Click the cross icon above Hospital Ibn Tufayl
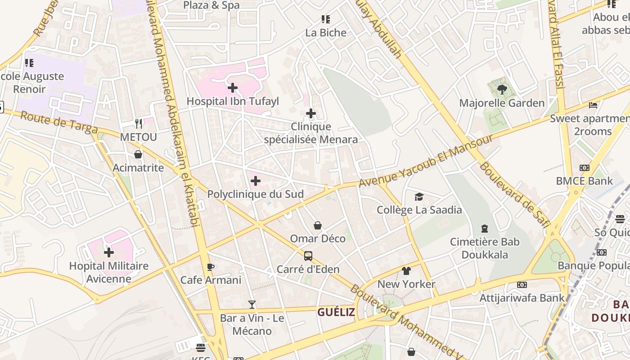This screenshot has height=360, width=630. click(x=233, y=87)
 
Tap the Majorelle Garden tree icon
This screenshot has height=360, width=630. click(x=502, y=89)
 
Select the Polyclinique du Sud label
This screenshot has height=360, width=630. click(x=255, y=194)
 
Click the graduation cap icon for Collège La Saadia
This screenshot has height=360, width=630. click(x=419, y=197)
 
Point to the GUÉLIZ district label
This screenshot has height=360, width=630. click(x=336, y=312)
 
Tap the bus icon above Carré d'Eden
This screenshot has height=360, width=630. click(x=308, y=256)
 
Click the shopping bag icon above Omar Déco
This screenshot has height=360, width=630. click(x=318, y=225)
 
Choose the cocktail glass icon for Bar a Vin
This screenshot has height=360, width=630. click(x=252, y=305)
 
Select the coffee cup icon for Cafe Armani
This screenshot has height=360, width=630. click(x=211, y=267)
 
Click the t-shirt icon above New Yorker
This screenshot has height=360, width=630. click(x=406, y=271)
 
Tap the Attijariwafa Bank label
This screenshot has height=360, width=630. click(x=522, y=298)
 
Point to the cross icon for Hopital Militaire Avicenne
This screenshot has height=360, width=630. click(x=109, y=252)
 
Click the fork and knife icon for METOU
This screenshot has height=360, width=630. click(x=139, y=123)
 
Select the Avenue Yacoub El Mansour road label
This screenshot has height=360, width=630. click(x=426, y=162)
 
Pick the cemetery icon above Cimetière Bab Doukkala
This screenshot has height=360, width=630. click(x=485, y=229)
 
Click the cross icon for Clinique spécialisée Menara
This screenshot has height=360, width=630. click(x=311, y=113)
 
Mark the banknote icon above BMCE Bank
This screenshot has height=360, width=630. click(x=584, y=168)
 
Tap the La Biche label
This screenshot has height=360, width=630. click(x=326, y=33)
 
